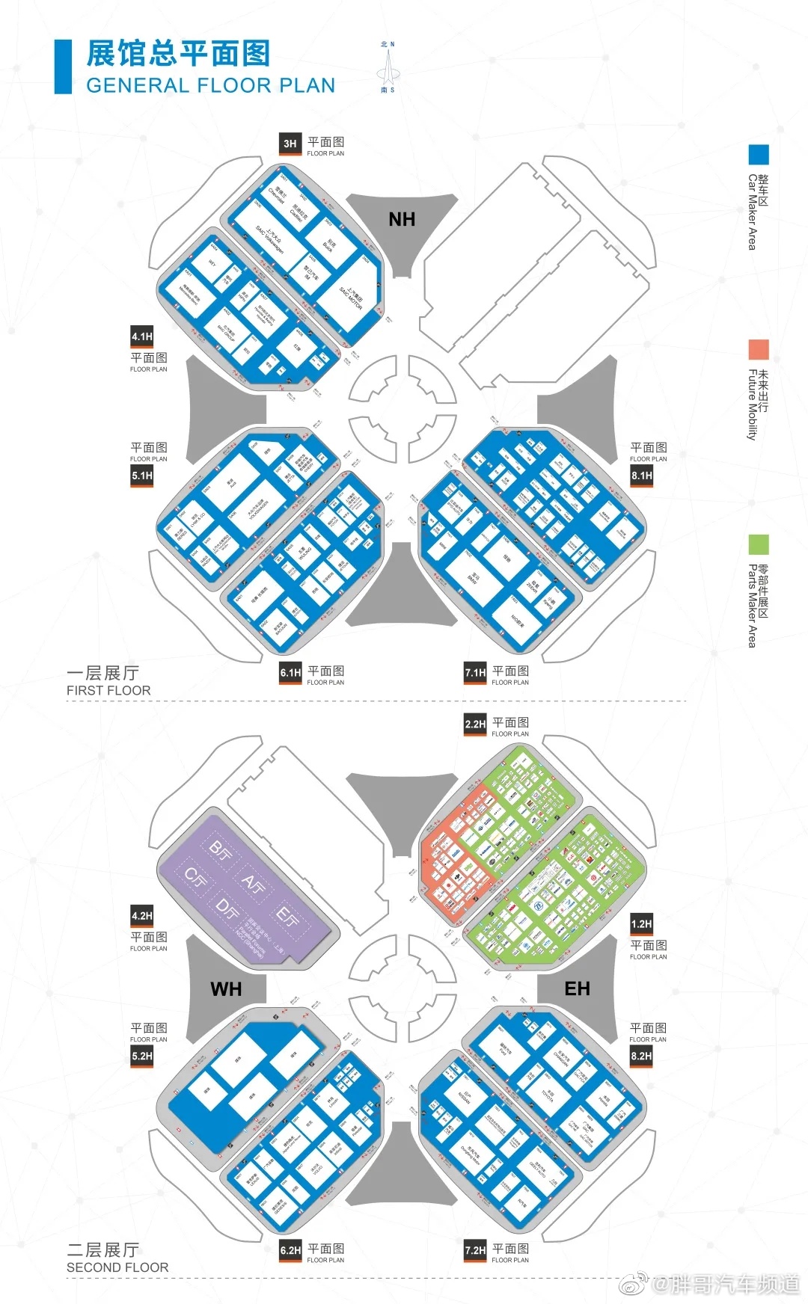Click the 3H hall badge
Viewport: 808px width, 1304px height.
[290, 144]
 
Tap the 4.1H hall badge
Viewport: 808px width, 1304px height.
[142, 336]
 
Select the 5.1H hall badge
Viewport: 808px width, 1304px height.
[142, 476]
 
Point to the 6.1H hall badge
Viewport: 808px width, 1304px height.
[290, 672]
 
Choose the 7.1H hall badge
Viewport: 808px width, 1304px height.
[475, 672]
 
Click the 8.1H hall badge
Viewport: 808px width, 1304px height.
[641, 476]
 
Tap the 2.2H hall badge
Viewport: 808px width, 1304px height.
[475, 724]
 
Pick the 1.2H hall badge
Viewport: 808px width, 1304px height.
[641, 924]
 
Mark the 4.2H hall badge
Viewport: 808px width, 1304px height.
[142, 916]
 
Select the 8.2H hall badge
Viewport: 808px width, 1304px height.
[641, 1057]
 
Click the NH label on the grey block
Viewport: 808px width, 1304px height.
[402, 219]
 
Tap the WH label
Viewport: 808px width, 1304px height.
[226, 989]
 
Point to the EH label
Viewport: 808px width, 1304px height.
[577, 988]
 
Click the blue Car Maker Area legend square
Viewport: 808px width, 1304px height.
[759, 155]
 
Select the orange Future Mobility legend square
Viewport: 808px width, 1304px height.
[759, 349]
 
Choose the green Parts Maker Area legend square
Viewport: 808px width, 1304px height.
[759, 544]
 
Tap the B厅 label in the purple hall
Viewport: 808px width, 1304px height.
[219, 850]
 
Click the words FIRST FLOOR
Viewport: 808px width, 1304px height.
[108, 691]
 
